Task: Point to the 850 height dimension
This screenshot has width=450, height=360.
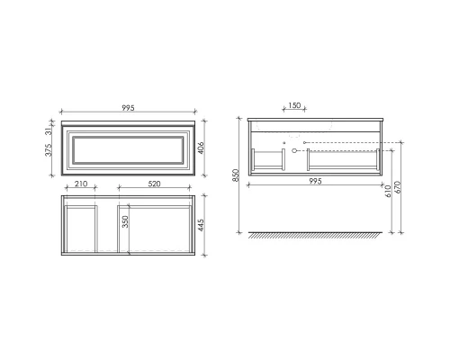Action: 237,176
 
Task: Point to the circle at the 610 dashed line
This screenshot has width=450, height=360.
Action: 306,142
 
